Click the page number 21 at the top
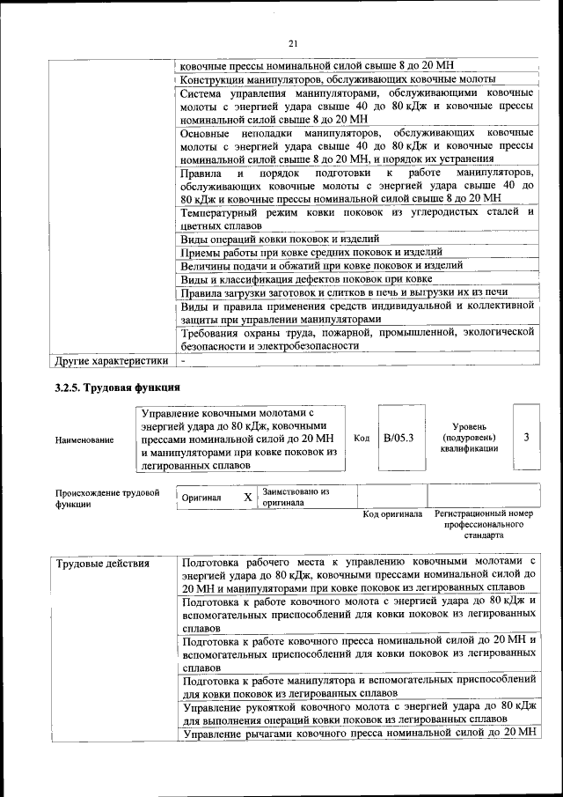[293, 43]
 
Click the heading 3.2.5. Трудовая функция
[118, 387]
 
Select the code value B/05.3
[398, 437]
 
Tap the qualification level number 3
[526, 437]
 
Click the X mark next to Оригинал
[248, 498]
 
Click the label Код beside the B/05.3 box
[362, 438]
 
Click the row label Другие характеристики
[111, 360]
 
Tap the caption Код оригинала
[392, 514]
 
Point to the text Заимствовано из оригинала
[296, 498]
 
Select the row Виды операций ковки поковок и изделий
[280, 239]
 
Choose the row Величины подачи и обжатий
[311, 265]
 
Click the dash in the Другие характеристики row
[183, 360]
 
